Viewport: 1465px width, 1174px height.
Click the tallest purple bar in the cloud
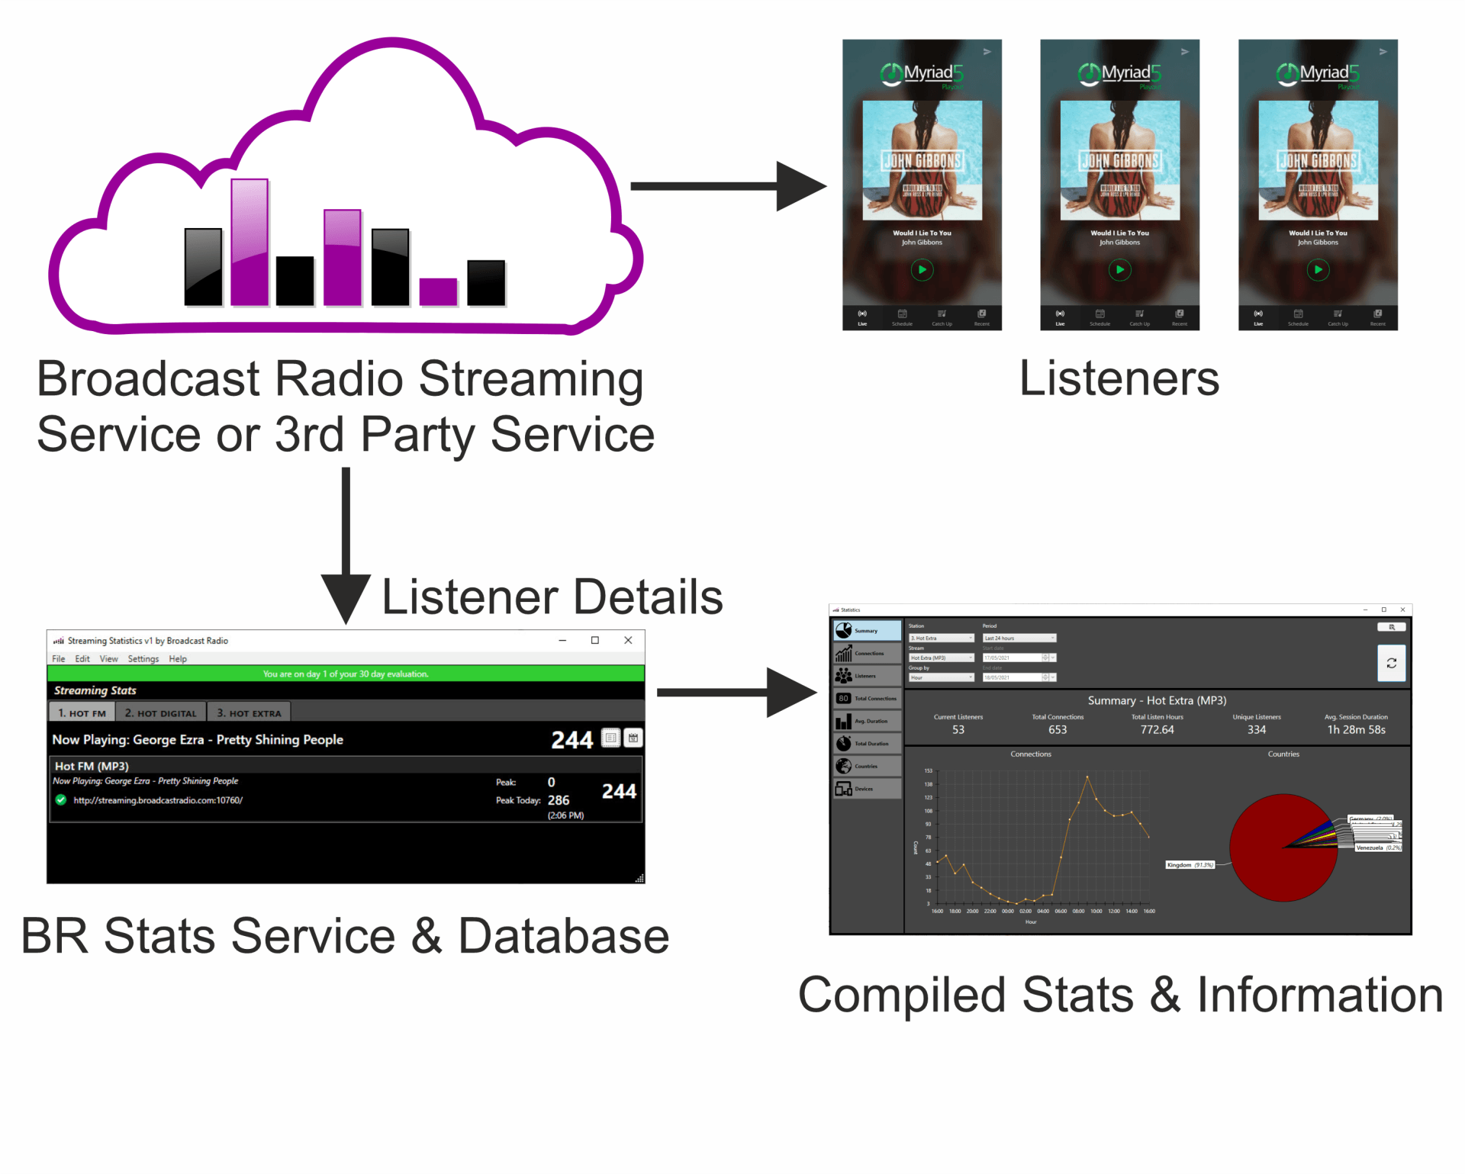(250, 243)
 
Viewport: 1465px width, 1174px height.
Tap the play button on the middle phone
(1119, 269)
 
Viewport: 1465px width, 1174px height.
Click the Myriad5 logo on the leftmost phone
(922, 73)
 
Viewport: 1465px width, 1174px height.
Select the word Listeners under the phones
(1119, 378)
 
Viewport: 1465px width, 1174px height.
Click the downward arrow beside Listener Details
(346, 549)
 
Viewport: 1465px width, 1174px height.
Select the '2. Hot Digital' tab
(161, 712)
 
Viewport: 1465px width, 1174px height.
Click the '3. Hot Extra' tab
(249, 712)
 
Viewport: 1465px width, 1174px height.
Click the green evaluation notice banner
(346, 674)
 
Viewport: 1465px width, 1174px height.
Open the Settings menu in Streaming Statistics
(143, 658)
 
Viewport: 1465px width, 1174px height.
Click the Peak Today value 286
(558, 800)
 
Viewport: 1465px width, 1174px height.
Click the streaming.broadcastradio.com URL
(158, 800)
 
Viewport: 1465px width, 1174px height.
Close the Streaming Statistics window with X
(628, 640)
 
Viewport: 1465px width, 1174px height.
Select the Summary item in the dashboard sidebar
(867, 631)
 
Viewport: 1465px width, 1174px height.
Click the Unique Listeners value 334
(1256, 730)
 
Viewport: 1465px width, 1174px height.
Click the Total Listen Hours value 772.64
(1157, 730)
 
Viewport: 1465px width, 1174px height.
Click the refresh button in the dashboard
(1391, 663)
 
